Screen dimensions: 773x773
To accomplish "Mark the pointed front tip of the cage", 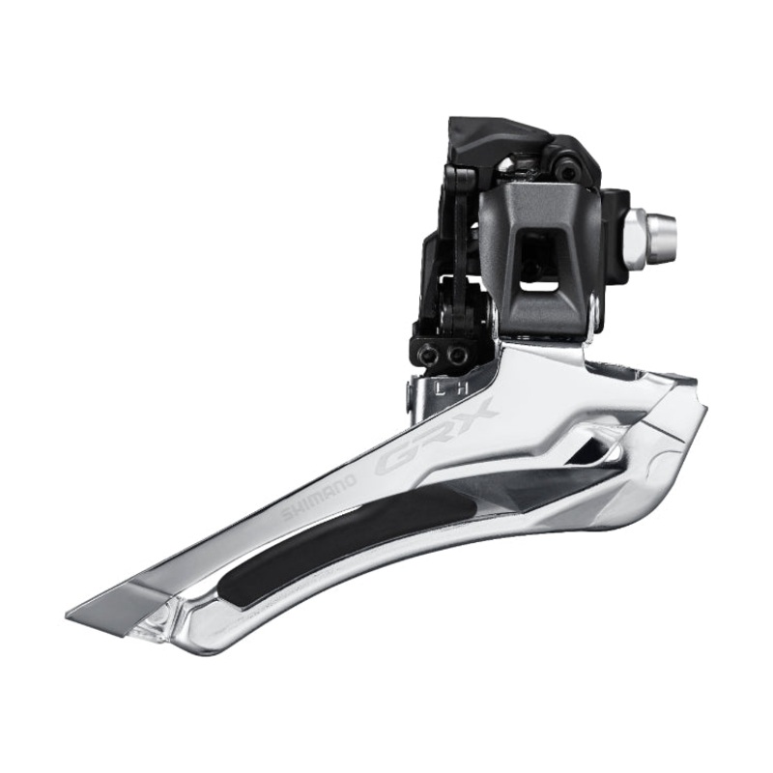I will point(77,614).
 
